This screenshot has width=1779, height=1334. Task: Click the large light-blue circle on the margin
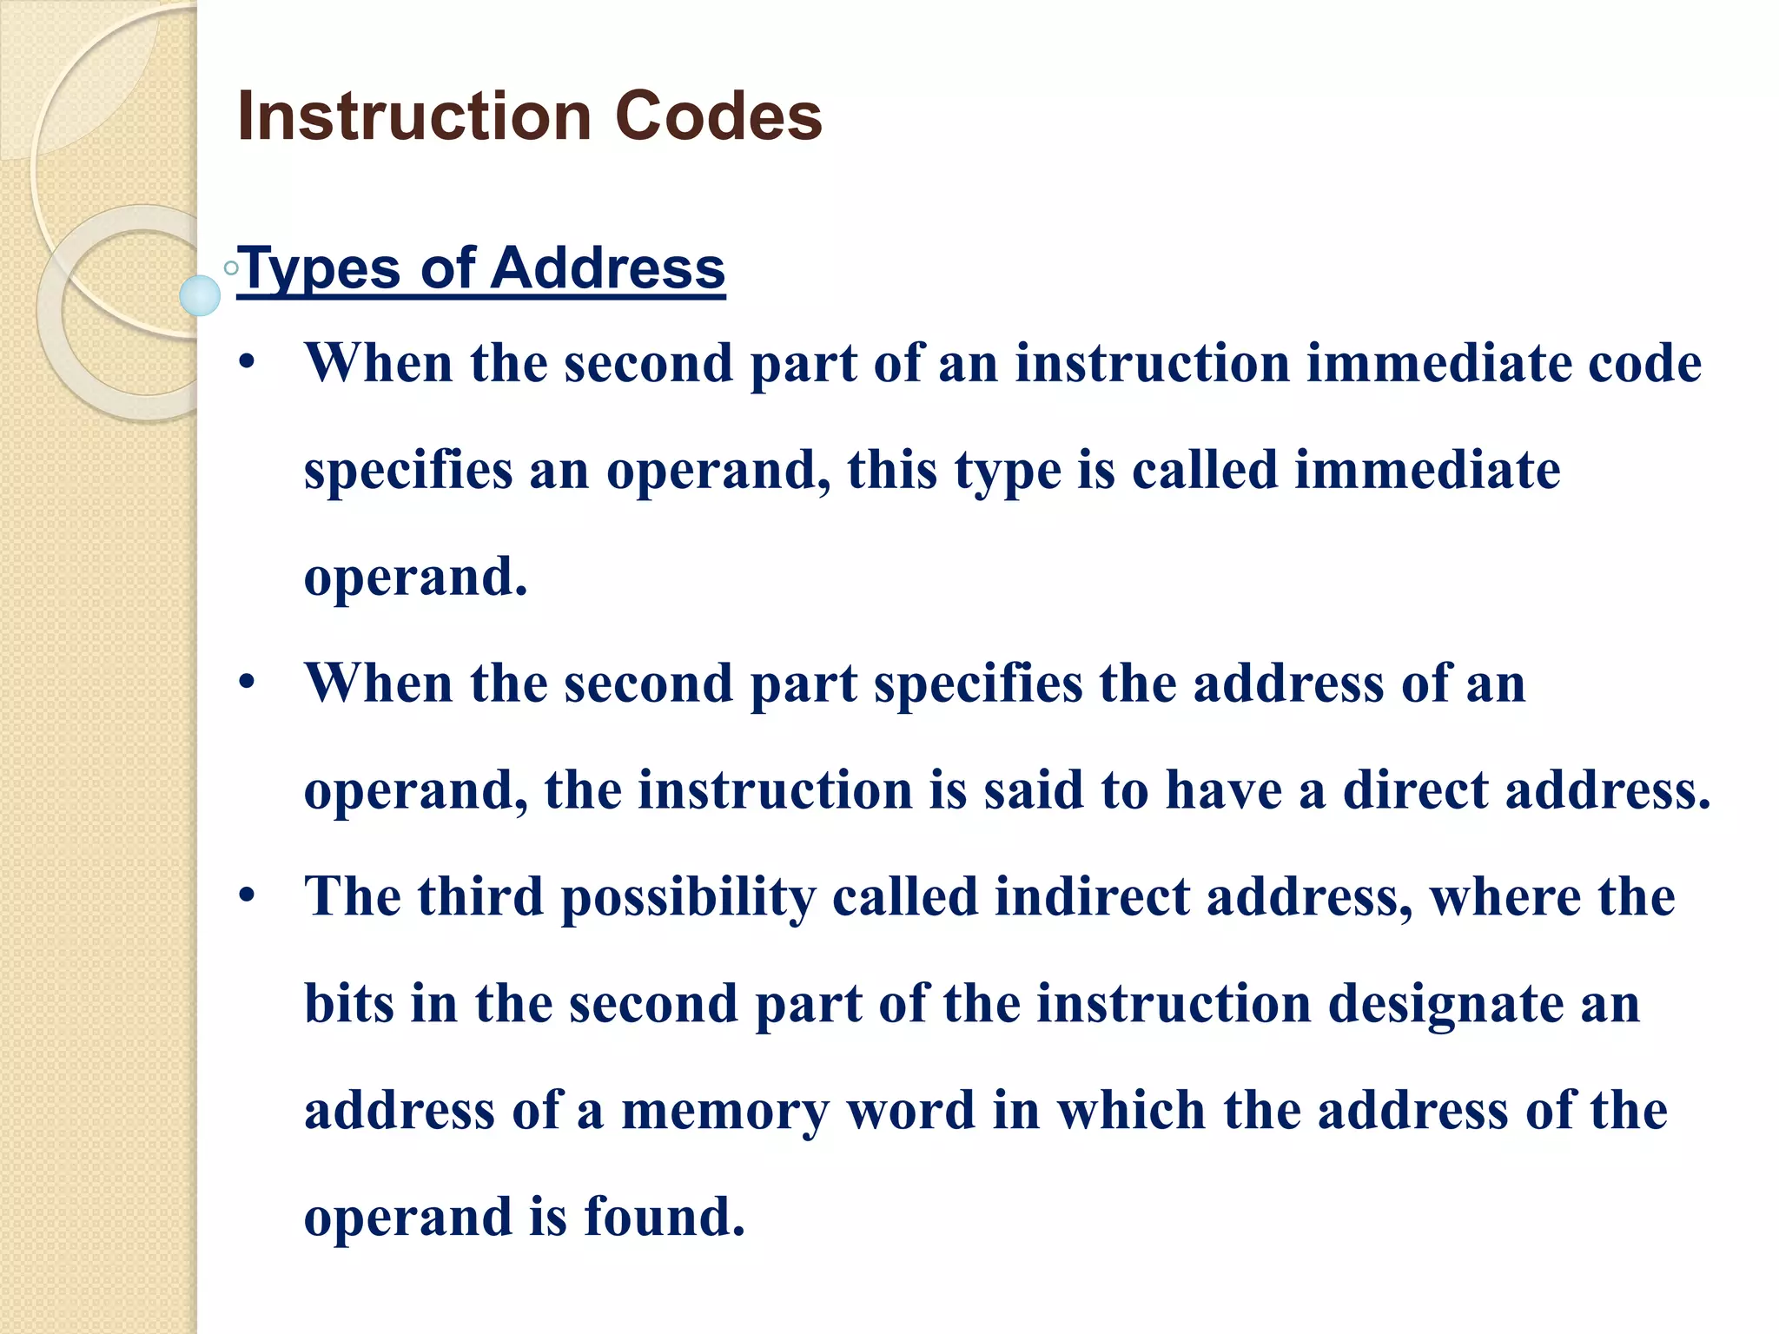[200, 295]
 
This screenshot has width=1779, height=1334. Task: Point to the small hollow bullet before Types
[231, 268]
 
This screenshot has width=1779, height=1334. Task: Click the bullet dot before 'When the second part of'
[248, 363]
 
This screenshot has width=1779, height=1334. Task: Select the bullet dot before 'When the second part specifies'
[248, 683]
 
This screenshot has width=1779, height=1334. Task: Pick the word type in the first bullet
[1008, 471]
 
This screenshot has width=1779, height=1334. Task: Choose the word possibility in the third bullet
[689, 896]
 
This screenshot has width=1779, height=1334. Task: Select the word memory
[724, 1111]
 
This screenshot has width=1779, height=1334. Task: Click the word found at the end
[664, 1217]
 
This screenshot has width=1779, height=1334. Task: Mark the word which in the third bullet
[1130, 1111]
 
